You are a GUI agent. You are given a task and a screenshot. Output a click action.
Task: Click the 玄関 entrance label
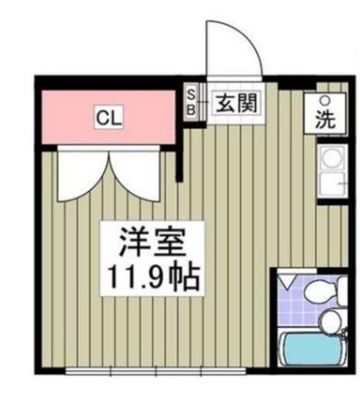point(232,103)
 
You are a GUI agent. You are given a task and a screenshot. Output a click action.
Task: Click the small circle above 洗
point(325,101)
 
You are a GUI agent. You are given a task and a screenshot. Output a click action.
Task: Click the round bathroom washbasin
point(329,322)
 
